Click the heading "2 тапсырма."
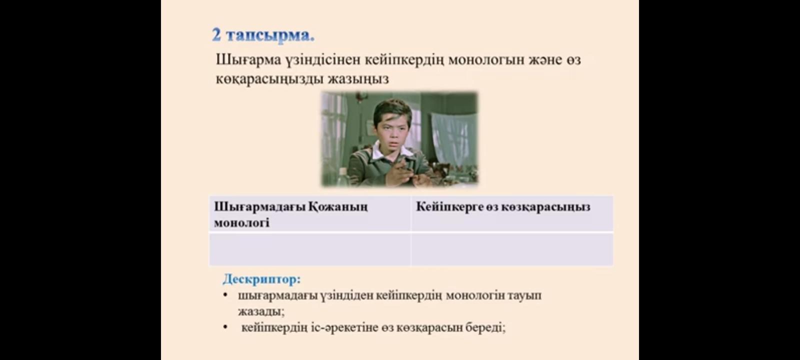click(263, 35)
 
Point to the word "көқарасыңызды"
click(269, 79)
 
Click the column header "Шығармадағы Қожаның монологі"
click(290, 214)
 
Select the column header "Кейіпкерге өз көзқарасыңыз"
click(503, 207)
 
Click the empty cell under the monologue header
click(309, 249)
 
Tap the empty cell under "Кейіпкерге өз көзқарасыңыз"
click(512, 249)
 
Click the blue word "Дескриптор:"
click(262, 279)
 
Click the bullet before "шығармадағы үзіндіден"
click(225, 295)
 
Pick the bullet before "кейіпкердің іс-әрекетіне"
click(225, 327)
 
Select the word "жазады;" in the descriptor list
click(261, 311)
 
